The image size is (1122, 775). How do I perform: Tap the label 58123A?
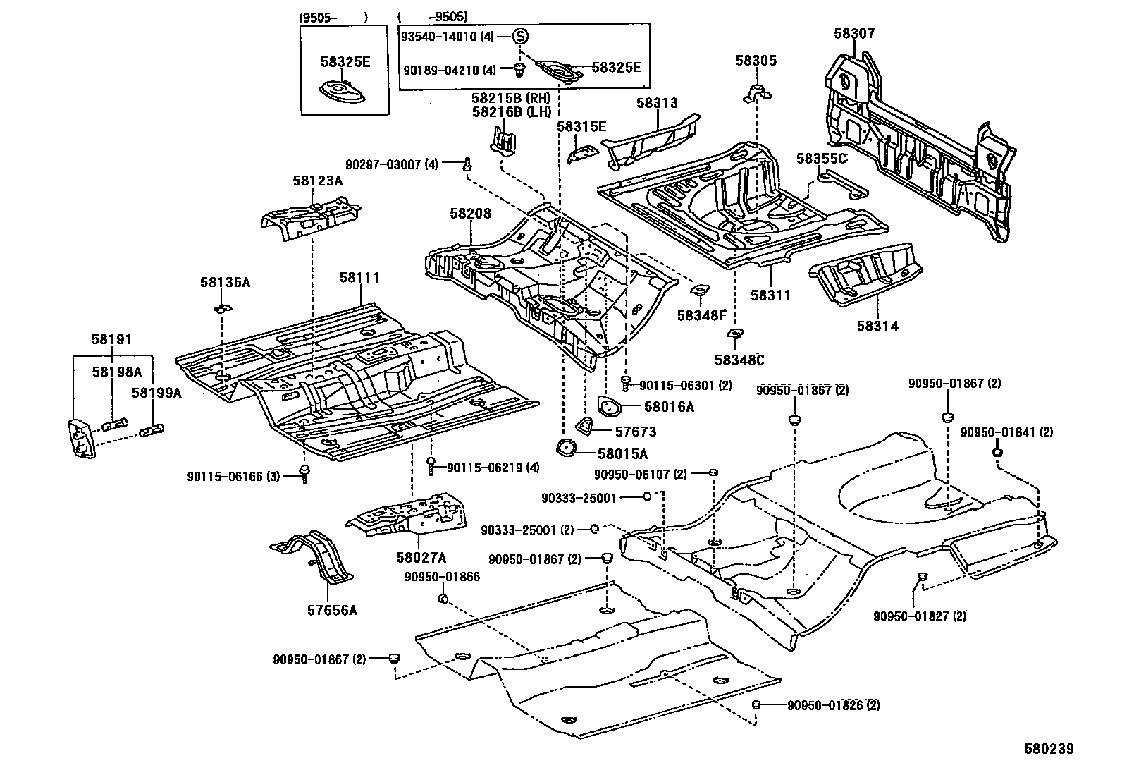coord(317,181)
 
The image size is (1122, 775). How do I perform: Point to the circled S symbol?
coord(519,36)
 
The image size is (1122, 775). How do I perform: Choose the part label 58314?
coord(877,327)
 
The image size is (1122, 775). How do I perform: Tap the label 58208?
coord(470,214)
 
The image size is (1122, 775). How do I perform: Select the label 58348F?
coord(701,315)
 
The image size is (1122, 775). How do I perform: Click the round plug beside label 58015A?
coord(566,448)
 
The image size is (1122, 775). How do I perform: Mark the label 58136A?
coord(225,283)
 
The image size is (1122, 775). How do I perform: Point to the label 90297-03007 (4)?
coord(391,164)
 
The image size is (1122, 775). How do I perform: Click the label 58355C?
coord(822,159)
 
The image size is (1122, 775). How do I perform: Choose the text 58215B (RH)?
coord(511,98)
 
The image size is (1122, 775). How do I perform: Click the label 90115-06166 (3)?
coord(234,477)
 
